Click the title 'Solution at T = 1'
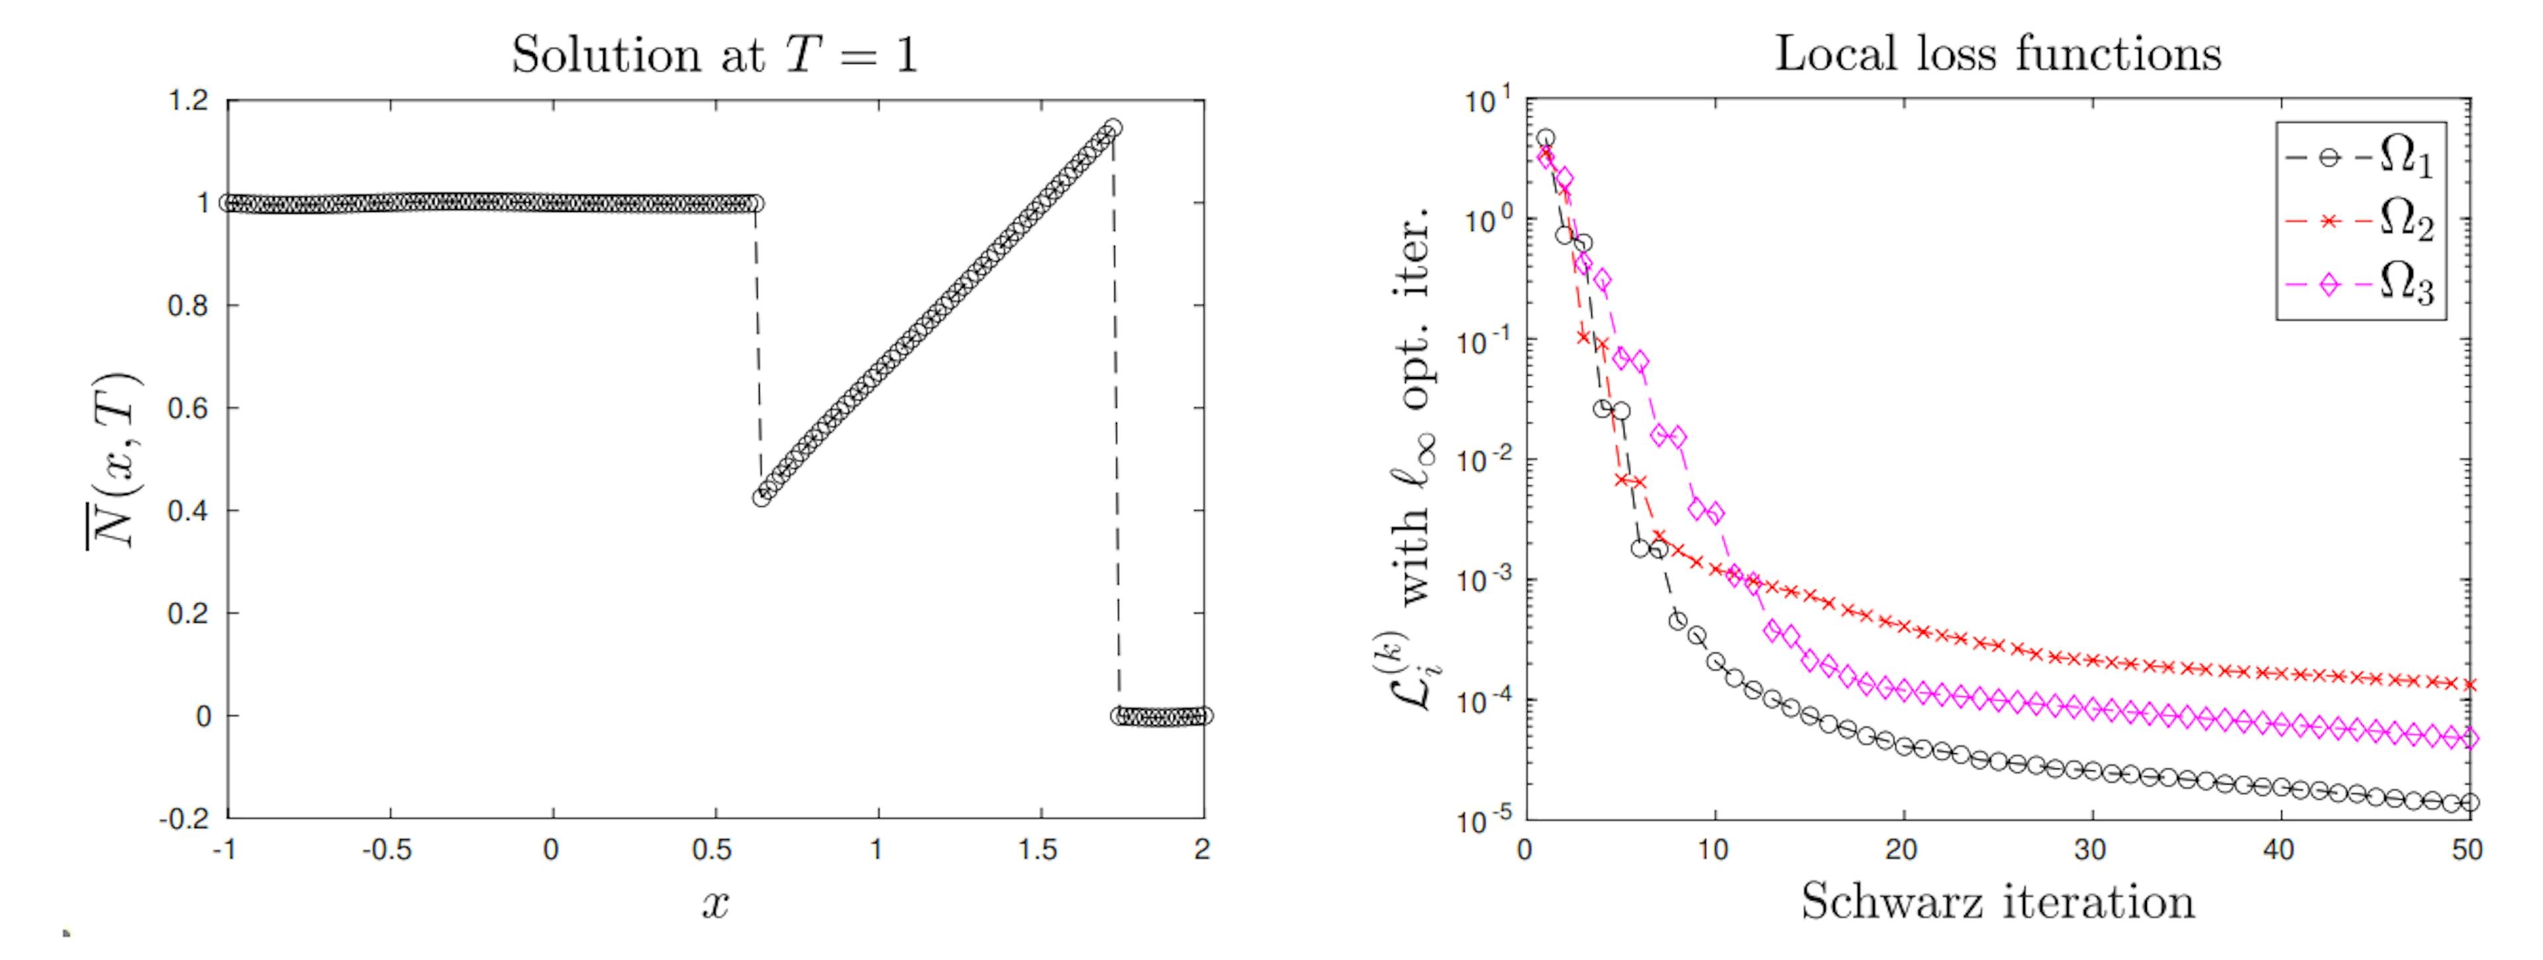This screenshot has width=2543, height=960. (x=715, y=55)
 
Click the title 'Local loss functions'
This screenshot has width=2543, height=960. (x=1997, y=53)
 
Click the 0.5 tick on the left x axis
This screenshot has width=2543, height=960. (x=713, y=851)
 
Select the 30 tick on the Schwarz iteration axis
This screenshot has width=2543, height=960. (x=2091, y=851)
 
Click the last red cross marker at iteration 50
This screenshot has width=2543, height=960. (x=2469, y=684)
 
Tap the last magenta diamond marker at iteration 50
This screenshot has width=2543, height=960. (x=2469, y=739)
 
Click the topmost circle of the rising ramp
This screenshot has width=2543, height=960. (x=1113, y=127)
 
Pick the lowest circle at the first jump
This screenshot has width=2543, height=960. (x=761, y=498)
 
